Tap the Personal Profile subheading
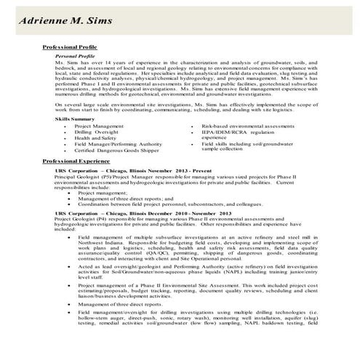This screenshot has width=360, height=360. [75, 55]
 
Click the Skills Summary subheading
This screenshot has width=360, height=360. [75, 118]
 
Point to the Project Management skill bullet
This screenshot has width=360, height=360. [99, 126]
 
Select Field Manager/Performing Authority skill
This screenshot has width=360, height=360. [118, 144]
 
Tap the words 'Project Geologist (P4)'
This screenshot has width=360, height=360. [81, 219]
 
